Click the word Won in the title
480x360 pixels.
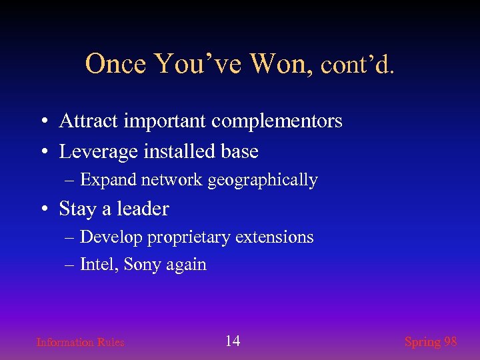click(279, 64)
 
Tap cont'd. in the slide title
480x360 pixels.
click(357, 65)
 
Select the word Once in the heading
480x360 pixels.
click(117, 64)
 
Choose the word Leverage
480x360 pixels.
click(99, 152)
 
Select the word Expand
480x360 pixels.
click(106, 181)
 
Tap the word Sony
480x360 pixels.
click(142, 265)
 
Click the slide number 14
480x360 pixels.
click(233, 341)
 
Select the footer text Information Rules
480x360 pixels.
click(80, 343)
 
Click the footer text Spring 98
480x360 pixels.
click(431, 342)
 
